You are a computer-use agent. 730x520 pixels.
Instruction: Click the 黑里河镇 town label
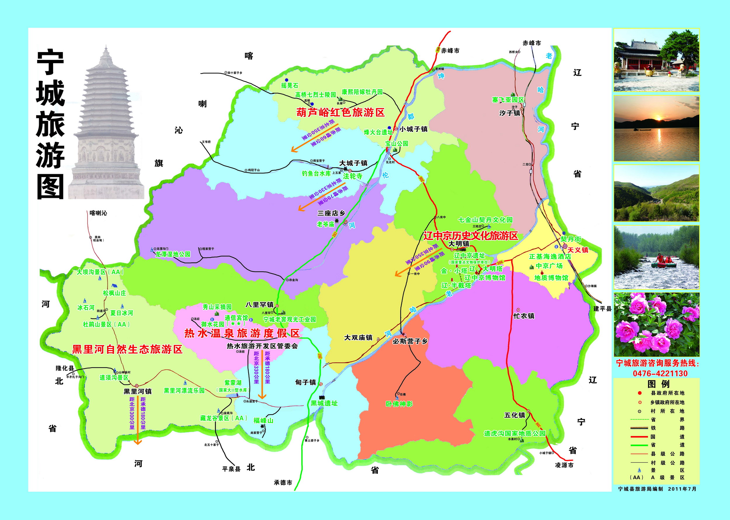point(138,391)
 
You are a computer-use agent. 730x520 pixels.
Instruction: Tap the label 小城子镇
point(413,129)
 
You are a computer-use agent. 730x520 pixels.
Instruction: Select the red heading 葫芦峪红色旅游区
point(340,113)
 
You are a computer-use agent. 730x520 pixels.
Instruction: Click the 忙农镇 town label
point(524,316)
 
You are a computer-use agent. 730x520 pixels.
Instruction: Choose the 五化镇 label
point(515,415)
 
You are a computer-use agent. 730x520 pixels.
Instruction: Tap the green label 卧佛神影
point(399,404)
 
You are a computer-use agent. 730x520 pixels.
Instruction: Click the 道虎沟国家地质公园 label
point(515,433)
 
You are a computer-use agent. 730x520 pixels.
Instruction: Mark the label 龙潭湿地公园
point(173,254)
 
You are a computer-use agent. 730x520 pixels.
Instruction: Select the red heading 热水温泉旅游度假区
point(242,333)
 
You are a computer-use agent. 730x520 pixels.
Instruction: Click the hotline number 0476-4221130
point(660,373)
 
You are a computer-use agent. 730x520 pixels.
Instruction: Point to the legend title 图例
point(658,384)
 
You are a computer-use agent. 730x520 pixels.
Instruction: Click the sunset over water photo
point(656,128)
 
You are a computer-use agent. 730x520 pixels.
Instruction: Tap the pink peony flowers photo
point(656,324)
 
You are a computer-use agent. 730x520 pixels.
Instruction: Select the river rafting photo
point(656,258)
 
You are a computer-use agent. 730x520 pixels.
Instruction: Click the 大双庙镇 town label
point(358,338)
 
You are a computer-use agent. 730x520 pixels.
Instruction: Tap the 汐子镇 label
point(509,113)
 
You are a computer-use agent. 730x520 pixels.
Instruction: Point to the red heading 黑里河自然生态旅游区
point(127,349)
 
